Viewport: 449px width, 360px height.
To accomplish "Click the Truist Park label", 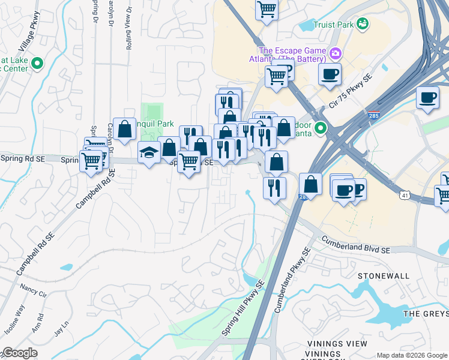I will click(333, 25).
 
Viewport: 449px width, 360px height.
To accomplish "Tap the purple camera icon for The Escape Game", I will click(335, 54).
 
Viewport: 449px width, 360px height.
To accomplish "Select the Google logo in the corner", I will click(20, 353).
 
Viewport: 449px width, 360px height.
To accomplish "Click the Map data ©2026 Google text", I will click(412, 355).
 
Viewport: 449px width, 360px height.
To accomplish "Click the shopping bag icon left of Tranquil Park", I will click(124, 129).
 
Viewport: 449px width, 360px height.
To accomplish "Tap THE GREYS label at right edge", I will click(426, 314).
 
